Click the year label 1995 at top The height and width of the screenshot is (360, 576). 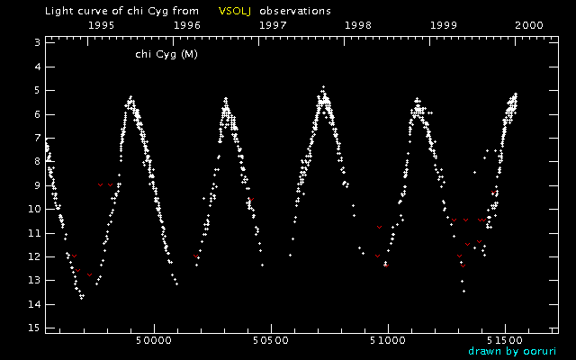coord(102,27)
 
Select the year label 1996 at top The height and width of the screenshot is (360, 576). coord(187,27)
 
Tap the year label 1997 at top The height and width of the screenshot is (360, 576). coord(273,27)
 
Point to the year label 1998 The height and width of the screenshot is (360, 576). coord(358,27)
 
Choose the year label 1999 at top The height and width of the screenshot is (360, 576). coord(444,27)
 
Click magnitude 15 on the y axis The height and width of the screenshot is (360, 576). coord(33,328)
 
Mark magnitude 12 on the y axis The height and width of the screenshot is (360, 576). coord(33,257)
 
